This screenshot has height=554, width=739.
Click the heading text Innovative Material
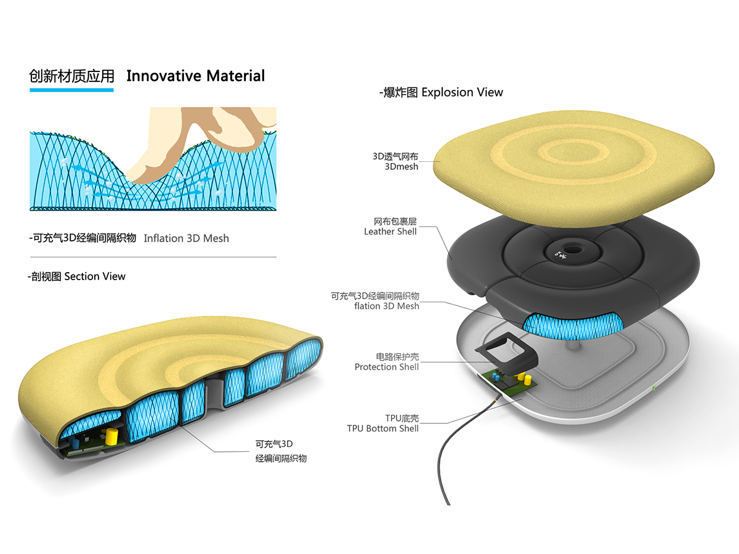click(x=195, y=76)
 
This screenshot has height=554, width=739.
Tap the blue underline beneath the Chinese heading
click(x=71, y=90)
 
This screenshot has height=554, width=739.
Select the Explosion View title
click(x=462, y=92)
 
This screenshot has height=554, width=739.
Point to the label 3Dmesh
click(x=402, y=166)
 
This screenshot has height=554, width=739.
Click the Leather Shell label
click(x=390, y=231)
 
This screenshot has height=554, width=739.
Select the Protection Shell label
click(x=387, y=367)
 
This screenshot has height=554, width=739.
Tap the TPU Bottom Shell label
click(x=382, y=428)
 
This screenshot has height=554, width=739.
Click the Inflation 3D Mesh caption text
click(x=186, y=238)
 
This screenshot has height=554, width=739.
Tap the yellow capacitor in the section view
click(x=111, y=436)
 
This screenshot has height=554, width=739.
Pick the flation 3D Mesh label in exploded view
click(x=387, y=306)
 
